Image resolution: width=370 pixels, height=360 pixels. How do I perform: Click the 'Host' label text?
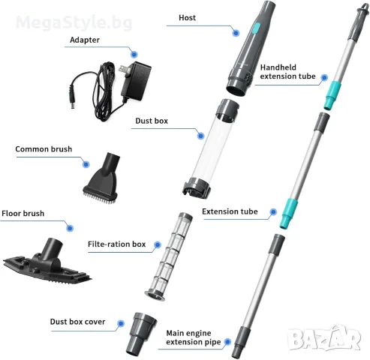[x=187, y=18]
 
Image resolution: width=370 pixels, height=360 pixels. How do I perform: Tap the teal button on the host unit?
[x=257, y=28]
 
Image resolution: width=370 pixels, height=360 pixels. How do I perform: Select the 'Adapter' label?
[x=85, y=40]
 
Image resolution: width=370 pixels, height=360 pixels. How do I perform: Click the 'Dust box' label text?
[x=152, y=121]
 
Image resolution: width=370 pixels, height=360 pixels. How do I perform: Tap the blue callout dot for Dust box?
[x=200, y=136]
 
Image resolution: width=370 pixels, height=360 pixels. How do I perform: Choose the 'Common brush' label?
[x=44, y=149]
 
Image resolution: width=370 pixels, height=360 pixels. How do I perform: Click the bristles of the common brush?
[x=100, y=197]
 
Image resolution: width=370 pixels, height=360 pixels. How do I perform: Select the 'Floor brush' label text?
[x=23, y=214]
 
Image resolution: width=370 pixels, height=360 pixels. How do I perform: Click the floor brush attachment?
[x=47, y=263]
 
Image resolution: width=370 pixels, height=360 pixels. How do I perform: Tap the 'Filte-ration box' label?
[x=116, y=244]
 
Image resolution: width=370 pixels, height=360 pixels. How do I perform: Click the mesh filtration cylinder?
[x=168, y=256]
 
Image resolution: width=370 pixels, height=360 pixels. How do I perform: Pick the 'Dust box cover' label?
[x=77, y=322]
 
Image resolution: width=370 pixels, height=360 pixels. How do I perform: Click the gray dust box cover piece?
[x=141, y=333]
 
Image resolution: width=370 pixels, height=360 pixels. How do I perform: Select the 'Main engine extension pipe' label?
[x=194, y=337]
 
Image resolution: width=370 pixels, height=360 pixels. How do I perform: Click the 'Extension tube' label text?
[x=230, y=211]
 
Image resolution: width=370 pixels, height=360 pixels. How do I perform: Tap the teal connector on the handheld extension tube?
[x=332, y=95]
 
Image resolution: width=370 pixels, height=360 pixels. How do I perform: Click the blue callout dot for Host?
[x=236, y=33]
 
